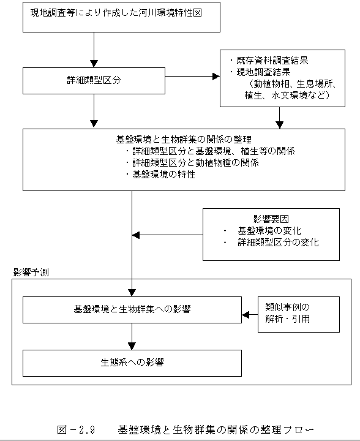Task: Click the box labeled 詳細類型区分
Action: point(94,81)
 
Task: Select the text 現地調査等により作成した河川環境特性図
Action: point(116,13)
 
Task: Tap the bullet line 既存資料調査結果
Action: point(269,61)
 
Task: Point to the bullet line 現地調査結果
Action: point(260,72)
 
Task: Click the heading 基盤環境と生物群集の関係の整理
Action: point(184,139)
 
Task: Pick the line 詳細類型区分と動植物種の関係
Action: point(192,162)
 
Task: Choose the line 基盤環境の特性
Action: point(160,175)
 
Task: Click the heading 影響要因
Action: point(271,219)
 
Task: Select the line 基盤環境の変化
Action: point(263,231)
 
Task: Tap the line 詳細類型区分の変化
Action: point(271,242)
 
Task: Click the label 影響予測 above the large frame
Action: point(31,272)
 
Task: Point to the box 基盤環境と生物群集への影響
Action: point(132,310)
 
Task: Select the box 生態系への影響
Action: point(132,363)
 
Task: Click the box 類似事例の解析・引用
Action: point(299,314)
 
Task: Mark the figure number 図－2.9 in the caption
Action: point(76,430)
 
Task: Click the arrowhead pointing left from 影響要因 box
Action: point(136,235)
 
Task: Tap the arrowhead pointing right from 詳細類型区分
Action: point(216,76)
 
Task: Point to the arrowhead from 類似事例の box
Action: point(246,314)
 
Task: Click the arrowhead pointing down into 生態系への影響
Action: point(132,346)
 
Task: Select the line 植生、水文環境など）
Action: point(287,96)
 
